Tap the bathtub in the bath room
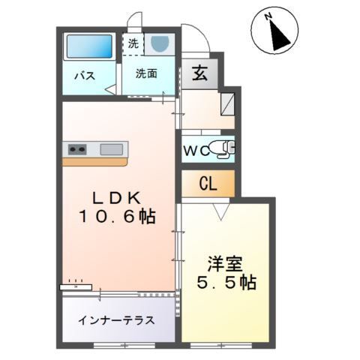[88, 47]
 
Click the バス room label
[83, 74]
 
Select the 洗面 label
[146, 73]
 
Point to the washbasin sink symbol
[160, 44]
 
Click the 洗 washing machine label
[133, 43]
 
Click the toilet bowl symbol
[222, 148]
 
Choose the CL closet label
[208, 184]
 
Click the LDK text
[116, 199]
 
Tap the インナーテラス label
[116, 320]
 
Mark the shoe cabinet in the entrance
[229, 100]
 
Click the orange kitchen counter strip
[96, 160]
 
